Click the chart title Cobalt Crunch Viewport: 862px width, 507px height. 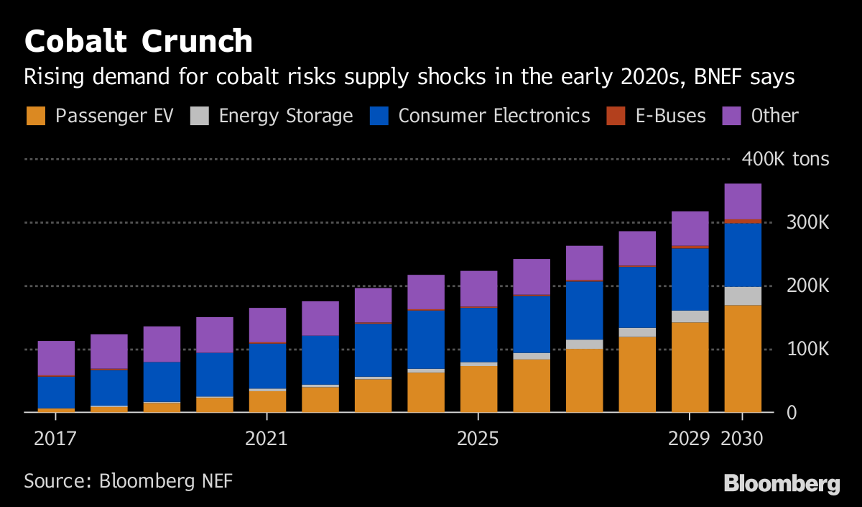(x=138, y=42)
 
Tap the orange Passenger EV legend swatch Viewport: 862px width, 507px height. (x=36, y=116)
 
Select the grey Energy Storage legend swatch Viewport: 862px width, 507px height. (x=200, y=116)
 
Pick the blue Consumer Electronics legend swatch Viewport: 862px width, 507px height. (x=379, y=116)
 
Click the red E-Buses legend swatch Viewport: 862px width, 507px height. (x=616, y=116)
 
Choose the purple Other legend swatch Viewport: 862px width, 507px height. (x=732, y=116)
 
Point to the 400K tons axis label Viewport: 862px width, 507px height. (x=786, y=159)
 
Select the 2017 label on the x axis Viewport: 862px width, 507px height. (x=55, y=439)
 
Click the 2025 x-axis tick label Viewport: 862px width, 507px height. (x=478, y=439)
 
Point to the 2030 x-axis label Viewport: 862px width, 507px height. (x=742, y=439)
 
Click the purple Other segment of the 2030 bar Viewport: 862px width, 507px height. (x=743, y=201)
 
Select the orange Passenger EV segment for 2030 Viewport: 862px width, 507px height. (x=743, y=359)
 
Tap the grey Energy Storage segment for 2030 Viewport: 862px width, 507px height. (x=743, y=296)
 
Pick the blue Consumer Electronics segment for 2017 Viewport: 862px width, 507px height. (x=56, y=392)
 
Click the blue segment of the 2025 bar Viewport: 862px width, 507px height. (x=478, y=334)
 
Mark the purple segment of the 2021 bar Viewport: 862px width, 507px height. (x=267, y=325)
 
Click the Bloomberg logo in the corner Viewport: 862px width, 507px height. (x=782, y=483)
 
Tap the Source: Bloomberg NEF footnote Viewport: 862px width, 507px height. (x=129, y=480)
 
